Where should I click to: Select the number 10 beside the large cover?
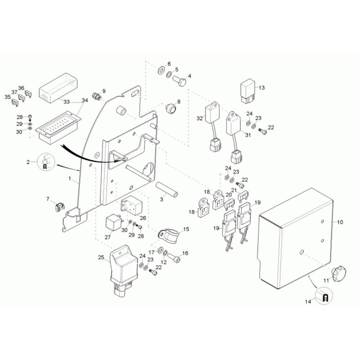click(x=340, y=222)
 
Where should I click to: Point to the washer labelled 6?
click(x=160, y=69)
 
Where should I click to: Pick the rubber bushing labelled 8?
click(x=171, y=108)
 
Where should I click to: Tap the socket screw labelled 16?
click(x=174, y=258)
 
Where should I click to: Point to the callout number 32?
click(x=200, y=118)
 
